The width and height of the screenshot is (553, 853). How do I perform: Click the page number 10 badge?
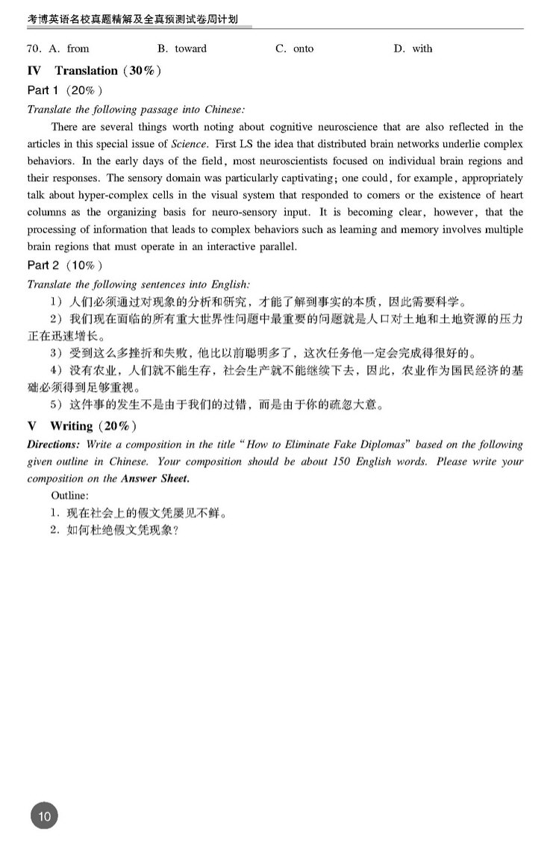[44, 816]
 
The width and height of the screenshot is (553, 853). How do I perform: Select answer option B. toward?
[182, 49]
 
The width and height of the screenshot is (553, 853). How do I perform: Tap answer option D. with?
[413, 49]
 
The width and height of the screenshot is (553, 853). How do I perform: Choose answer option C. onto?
[295, 49]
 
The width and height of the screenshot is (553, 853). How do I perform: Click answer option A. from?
[69, 49]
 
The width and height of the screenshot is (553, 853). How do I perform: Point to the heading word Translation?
[86, 71]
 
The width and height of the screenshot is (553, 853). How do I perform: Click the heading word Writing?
[71, 426]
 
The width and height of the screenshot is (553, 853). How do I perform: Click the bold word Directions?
[53, 445]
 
